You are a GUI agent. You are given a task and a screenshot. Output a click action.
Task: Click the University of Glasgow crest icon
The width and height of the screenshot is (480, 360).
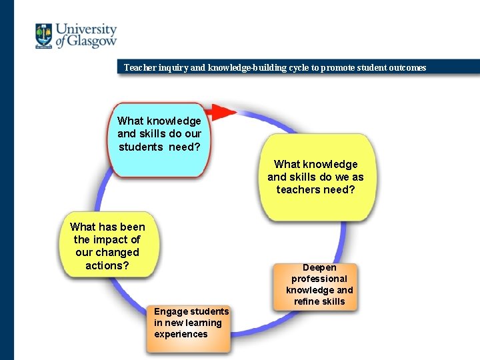pos(44,36)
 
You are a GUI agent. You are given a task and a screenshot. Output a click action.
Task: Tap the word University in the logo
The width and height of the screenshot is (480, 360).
pos(86,29)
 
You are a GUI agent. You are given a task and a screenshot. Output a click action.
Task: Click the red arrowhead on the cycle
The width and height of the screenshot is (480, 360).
pos(224,111)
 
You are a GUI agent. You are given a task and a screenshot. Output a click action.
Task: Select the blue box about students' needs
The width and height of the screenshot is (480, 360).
pos(159,139)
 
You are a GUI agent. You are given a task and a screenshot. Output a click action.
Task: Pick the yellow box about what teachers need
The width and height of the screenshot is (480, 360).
pos(315,177)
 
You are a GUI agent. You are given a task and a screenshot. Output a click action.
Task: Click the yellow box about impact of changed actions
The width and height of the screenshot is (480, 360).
pos(107,245)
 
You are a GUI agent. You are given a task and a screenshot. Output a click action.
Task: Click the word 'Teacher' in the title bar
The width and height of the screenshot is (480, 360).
pos(140,67)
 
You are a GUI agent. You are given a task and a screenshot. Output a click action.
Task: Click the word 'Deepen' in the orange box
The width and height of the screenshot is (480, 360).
pos(319,267)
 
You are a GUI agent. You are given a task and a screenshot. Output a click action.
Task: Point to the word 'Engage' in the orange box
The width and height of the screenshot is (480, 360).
pos(171,311)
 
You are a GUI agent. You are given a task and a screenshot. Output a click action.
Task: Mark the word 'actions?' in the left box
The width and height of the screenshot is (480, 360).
pos(107,265)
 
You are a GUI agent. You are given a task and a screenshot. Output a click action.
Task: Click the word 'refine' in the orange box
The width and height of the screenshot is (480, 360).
pos(307,301)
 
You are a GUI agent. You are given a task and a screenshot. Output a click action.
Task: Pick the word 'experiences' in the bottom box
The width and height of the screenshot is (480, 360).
pos(181,334)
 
